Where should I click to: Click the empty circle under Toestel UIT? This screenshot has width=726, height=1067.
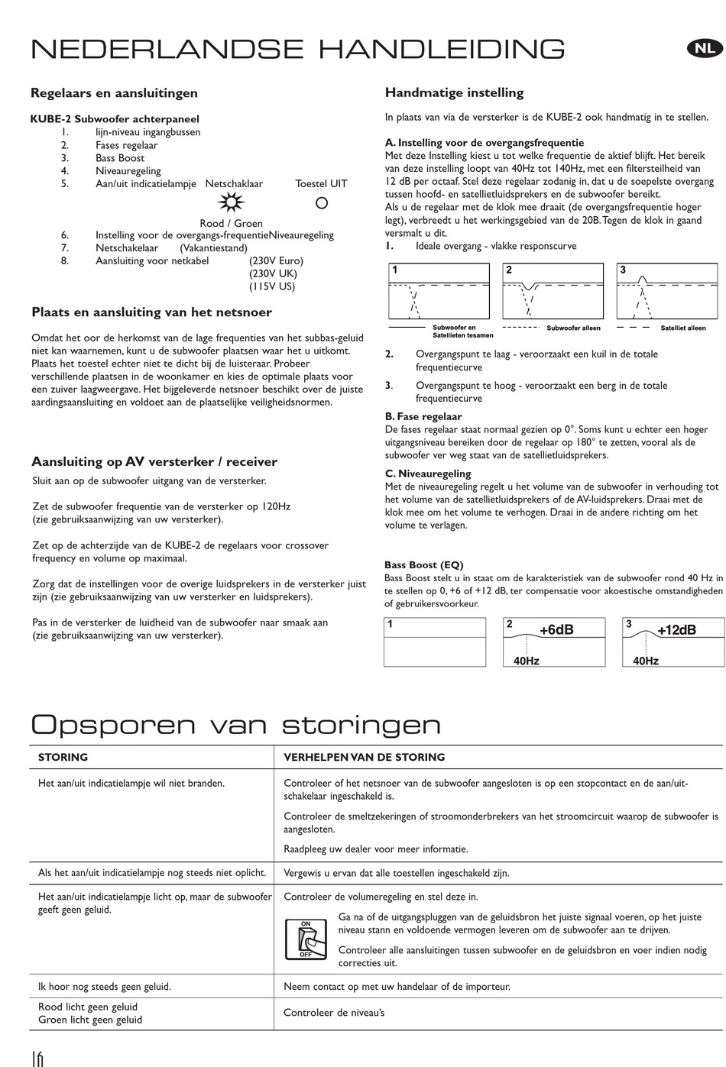(322, 203)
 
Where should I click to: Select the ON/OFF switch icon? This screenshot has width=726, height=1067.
(306, 939)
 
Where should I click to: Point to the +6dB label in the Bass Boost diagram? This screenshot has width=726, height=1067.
(556, 630)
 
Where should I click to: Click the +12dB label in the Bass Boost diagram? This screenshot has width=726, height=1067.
(676, 630)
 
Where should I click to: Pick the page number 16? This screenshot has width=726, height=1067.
(37, 1058)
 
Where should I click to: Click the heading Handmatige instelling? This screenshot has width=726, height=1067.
(454, 93)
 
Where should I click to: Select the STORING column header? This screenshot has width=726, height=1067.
(63, 758)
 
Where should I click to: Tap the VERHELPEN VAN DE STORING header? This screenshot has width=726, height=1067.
(364, 758)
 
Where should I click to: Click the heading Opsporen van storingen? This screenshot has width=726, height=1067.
(236, 724)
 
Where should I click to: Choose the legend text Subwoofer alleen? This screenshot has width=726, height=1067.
(573, 328)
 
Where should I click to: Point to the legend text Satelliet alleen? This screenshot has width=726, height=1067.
(682, 328)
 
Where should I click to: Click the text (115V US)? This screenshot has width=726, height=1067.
(271, 286)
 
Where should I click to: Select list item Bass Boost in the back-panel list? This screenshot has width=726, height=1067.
(120, 158)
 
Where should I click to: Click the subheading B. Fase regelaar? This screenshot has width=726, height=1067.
(423, 417)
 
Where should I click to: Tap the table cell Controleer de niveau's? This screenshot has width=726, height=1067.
(334, 1013)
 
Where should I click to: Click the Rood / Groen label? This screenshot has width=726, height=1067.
(231, 223)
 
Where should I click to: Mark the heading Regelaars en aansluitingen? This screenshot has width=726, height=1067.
(114, 93)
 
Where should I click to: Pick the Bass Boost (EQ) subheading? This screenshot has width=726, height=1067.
(423, 565)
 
